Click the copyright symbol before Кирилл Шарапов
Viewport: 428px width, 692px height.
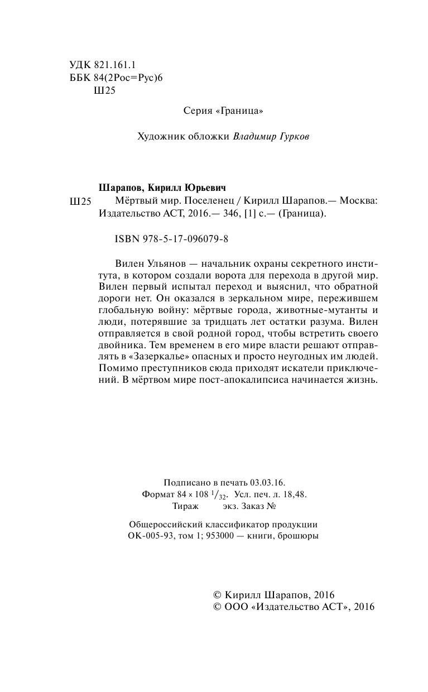(x=218, y=595)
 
